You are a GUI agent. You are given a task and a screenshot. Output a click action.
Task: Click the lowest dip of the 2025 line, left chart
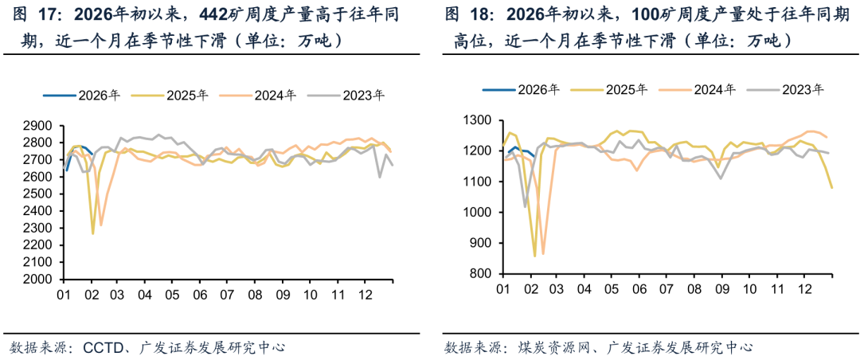click(x=92, y=233)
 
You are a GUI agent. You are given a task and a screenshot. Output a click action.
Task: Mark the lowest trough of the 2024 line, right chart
click(x=543, y=253)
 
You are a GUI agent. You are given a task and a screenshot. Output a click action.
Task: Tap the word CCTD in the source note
click(x=101, y=347)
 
